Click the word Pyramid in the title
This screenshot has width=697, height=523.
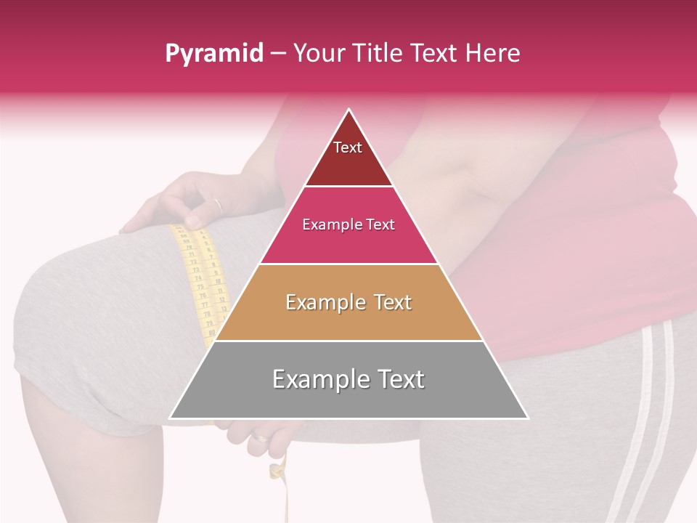coord(213,54)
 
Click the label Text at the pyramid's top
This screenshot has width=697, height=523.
coord(348,147)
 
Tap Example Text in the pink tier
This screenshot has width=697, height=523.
coord(348,224)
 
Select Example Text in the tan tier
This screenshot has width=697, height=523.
coord(348,302)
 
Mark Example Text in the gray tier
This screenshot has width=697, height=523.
coord(348,379)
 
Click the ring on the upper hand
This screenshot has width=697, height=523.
coord(218,205)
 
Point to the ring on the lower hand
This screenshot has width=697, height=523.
coord(259,437)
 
